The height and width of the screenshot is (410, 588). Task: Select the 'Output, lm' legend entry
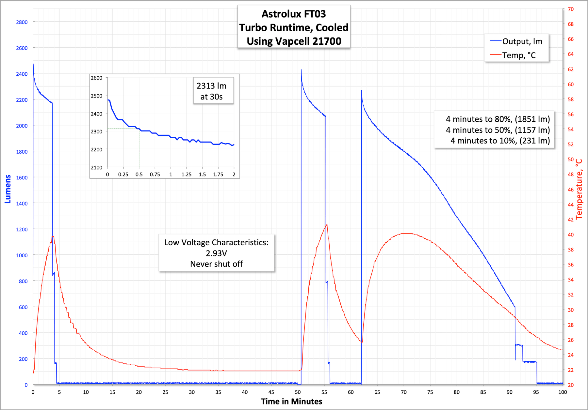tap(522, 41)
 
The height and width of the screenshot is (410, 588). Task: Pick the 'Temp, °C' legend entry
tap(519, 55)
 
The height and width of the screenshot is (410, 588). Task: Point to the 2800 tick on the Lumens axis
tap(22, 22)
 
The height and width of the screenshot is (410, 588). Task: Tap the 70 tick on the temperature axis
tap(571, 9)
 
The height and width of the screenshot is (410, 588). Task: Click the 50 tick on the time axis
tap(298, 392)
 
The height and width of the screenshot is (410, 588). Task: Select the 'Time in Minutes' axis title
tap(291, 402)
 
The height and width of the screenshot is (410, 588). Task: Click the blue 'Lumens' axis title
tap(8, 189)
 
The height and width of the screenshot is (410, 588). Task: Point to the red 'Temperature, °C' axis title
tap(579, 189)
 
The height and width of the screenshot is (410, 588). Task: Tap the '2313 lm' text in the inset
tap(211, 86)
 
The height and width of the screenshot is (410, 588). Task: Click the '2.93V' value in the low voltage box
tap(216, 253)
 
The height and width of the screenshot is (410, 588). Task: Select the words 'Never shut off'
tap(216, 264)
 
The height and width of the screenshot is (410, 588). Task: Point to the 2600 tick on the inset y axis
tap(96, 78)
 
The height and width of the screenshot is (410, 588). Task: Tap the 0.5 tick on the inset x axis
tap(139, 175)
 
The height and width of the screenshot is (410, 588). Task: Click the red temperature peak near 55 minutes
tap(327, 224)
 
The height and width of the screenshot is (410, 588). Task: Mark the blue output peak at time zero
tap(33, 64)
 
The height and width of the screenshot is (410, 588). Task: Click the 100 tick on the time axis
tap(562, 392)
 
